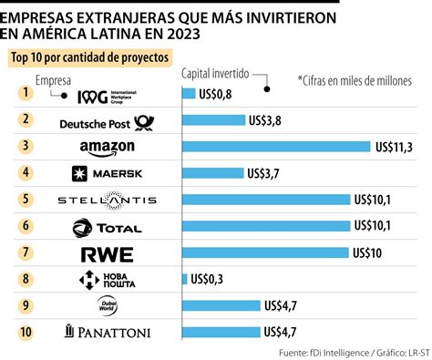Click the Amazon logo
(107, 147)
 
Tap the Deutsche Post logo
(107, 120)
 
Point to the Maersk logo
(107, 173)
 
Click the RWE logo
(107, 253)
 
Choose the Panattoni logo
(107, 333)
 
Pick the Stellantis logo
(107, 200)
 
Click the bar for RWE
(265, 253)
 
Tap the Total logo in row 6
(107, 227)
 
